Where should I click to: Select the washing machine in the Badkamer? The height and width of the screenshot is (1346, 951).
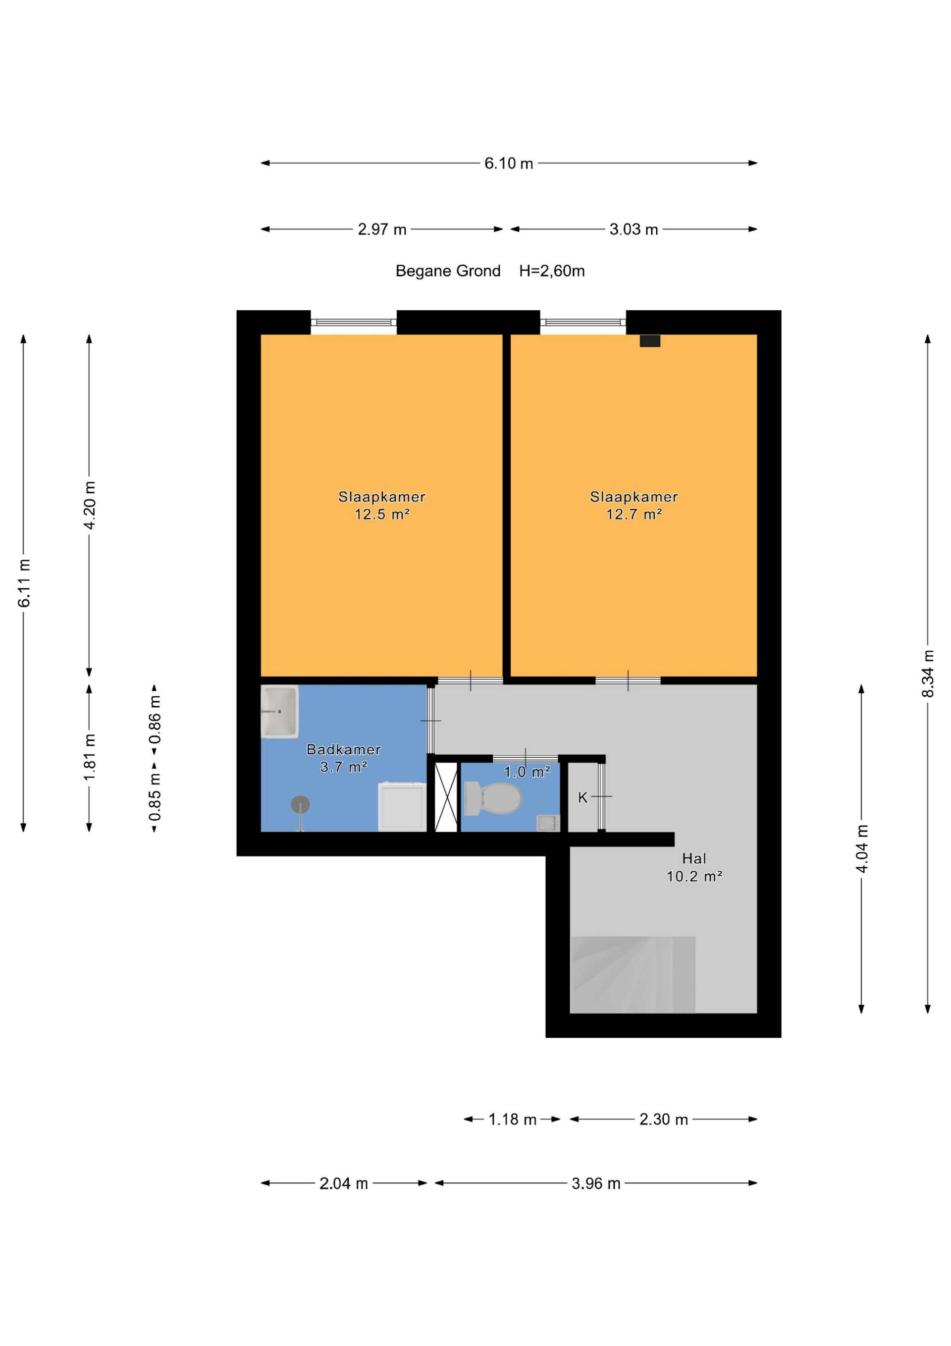click(x=402, y=806)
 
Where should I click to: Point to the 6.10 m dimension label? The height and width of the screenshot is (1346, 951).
click(x=509, y=164)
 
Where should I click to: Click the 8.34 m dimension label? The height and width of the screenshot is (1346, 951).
click(x=928, y=673)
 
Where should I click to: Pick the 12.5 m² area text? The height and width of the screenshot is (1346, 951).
click(x=382, y=514)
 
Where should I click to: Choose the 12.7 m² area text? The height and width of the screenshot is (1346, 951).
click(x=634, y=514)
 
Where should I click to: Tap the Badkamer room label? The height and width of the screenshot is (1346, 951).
click(x=344, y=749)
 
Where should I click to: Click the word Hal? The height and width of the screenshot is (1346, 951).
click(x=694, y=859)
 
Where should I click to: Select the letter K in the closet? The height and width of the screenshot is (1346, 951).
click(x=582, y=797)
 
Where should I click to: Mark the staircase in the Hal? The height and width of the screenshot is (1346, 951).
click(x=633, y=974)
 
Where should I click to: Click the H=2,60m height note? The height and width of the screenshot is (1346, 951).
click(x=552, y=271)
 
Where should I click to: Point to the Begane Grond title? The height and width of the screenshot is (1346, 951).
click(x=448, y=271)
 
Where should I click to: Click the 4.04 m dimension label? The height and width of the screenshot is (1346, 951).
click(x=862, y=848)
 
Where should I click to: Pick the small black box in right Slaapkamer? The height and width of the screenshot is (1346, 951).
click(x=650, y=340)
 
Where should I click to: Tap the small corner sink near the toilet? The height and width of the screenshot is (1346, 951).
click(x=548, y=823)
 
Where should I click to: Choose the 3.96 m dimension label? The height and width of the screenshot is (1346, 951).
click(x=596, y=1183)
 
